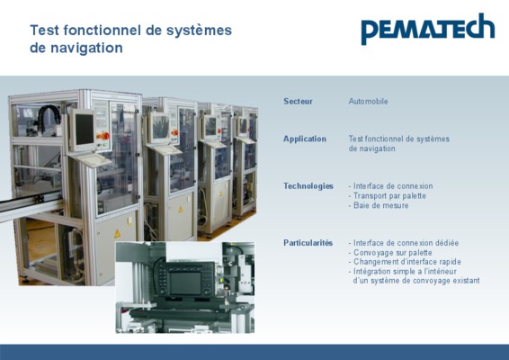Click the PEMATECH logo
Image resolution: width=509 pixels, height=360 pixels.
(x=428, y=29)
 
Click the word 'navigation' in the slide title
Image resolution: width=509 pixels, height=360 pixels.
(x=86, y=48)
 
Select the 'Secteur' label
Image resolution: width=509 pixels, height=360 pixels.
(x=298, y=102)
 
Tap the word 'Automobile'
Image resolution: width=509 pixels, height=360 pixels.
(x=368, y=102)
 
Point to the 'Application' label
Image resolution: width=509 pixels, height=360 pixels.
(x=305, y=139)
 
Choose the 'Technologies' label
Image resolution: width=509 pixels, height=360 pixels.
(x=308, y=186)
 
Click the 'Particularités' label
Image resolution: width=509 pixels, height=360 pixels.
(x=308, y=243)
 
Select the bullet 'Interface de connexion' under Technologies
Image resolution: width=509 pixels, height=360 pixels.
(x=390, y=186)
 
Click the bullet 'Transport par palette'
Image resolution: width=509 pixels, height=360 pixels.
(x=387, y=196)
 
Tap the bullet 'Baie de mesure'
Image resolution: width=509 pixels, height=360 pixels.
(x=379, y=205)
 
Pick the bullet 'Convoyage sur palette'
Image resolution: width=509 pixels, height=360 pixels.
(x=390, y=253)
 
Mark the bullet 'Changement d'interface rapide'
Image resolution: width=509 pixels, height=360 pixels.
(x=405, y=262)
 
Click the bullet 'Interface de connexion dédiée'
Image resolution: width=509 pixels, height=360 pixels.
(x=404, y=243)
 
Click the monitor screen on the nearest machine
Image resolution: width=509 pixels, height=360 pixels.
(x=85, y=130)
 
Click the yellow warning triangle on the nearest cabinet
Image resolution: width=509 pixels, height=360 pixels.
(x=117, y=234)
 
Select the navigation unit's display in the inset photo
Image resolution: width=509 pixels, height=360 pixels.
(x=186, y=283)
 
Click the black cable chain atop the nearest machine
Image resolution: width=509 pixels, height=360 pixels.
(x=49, y=119)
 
